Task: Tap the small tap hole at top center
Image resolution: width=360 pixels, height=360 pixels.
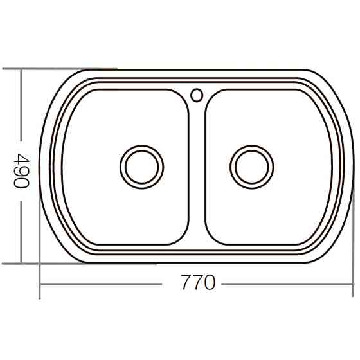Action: pos(197,95)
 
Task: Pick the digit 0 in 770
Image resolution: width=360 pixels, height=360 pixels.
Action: pos(208,283)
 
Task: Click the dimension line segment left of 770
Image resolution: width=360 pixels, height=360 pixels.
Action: pos(103,283)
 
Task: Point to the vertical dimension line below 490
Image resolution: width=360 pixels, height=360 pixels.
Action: pos(21,231)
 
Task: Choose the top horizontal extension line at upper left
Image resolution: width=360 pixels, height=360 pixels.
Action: pos(58,69)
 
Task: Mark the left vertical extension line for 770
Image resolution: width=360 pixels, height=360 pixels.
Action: pos(40,276)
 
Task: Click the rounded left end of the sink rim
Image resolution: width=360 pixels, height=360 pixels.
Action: pos(44,166)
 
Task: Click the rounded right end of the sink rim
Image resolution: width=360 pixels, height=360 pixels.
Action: pos(350,166)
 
